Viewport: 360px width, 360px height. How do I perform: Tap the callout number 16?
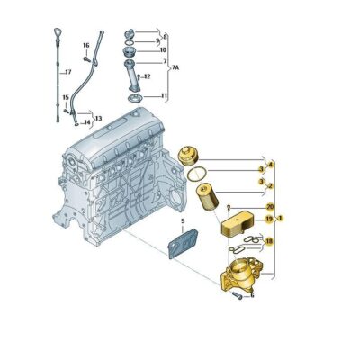[86, 44]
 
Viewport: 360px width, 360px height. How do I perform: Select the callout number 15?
[64, 98]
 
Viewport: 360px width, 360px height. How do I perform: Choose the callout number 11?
[164, 95]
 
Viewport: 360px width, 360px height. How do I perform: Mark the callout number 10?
[162, 50]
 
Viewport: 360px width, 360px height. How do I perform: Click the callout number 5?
[182, 220]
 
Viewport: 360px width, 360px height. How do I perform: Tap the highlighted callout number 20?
[270, 207]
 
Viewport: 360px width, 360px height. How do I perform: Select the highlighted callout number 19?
[268, 219]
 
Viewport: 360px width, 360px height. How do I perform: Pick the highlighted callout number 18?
[268, 241]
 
